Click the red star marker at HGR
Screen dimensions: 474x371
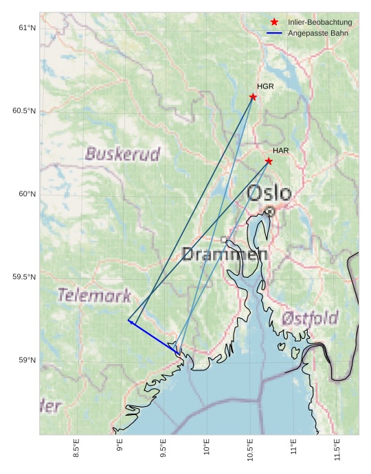[253, 97]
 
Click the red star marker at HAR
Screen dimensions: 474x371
[269, 161]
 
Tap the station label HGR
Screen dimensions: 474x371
[265, 86]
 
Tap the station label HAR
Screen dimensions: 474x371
[280, 150]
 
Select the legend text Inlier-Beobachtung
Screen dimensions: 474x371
[319, 22]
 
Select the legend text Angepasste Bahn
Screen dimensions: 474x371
[317, 33]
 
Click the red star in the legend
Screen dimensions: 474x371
[274, 22]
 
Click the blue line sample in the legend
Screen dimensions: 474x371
[274, 33]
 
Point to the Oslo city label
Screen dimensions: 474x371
[269, 193]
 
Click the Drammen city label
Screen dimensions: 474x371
[225, 254]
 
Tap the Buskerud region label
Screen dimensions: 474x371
[122, 154]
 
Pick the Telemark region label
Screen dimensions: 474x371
[94, 296]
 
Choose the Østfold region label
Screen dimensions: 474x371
[310, 318]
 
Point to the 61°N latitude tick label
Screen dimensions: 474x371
[27, 28]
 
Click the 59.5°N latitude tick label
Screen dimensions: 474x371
[24, 277]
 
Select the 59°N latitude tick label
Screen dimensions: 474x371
[27, 360]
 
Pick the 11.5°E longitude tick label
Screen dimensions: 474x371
[337, 451]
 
